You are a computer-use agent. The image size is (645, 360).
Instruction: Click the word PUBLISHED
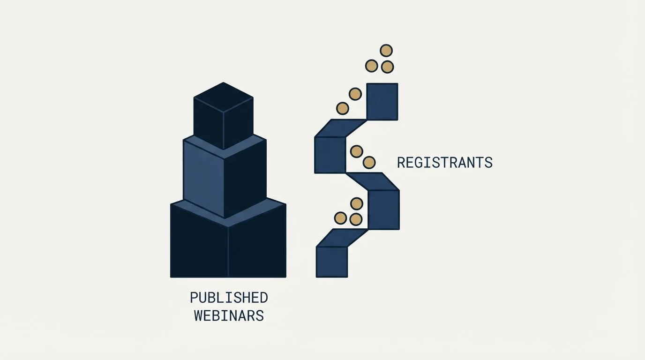click(x=229, y=298)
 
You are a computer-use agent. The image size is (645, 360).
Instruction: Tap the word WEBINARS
click(x=229, y=315)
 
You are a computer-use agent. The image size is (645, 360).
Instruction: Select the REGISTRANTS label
click(x=445, y=163)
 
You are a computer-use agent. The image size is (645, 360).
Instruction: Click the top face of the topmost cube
click(x=224, y=97)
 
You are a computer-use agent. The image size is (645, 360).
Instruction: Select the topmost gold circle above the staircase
click(x=386, y=51)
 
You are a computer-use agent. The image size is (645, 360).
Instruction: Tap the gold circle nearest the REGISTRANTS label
click(x=369, y=163)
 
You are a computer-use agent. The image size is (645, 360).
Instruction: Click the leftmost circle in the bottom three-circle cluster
click(x=340, y=218)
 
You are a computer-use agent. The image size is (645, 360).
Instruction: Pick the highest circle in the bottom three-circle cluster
click(x=356, y=204)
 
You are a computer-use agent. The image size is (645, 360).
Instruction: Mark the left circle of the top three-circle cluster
click(x=371, y=66)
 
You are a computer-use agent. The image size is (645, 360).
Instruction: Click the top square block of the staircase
click(x=382, y=102)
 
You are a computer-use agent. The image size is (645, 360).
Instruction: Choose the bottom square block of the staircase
click(x=332, y=262)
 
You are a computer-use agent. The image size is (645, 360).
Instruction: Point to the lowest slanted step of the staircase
click(x=342, y=238)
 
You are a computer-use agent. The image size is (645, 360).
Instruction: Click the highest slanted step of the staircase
click(x=341, y=128)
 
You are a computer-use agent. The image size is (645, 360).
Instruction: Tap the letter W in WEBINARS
click(x=199, y=315)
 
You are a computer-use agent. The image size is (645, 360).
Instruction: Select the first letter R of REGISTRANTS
click(x=401, y=163)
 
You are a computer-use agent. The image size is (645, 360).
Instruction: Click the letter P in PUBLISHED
click(x=194, y=298)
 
